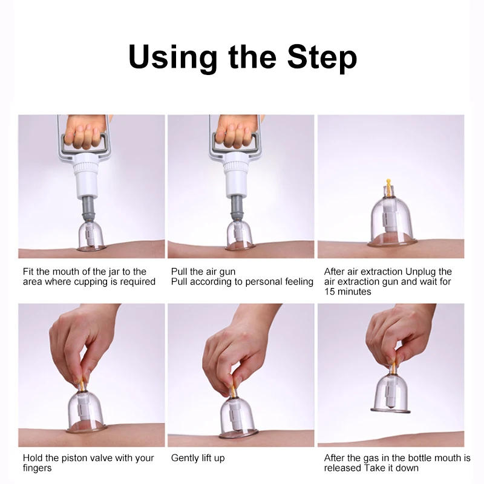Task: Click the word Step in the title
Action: coord(322,57)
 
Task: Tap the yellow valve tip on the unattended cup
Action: coord(388,185)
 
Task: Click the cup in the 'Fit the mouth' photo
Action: coord(91,235)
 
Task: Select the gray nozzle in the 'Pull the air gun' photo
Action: coord(237,208)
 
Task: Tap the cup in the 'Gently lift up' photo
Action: coord(238,417)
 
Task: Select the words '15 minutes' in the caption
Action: coord(347,292)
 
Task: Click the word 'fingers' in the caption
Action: coord(37,468)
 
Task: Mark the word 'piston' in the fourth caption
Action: coord(74,458)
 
